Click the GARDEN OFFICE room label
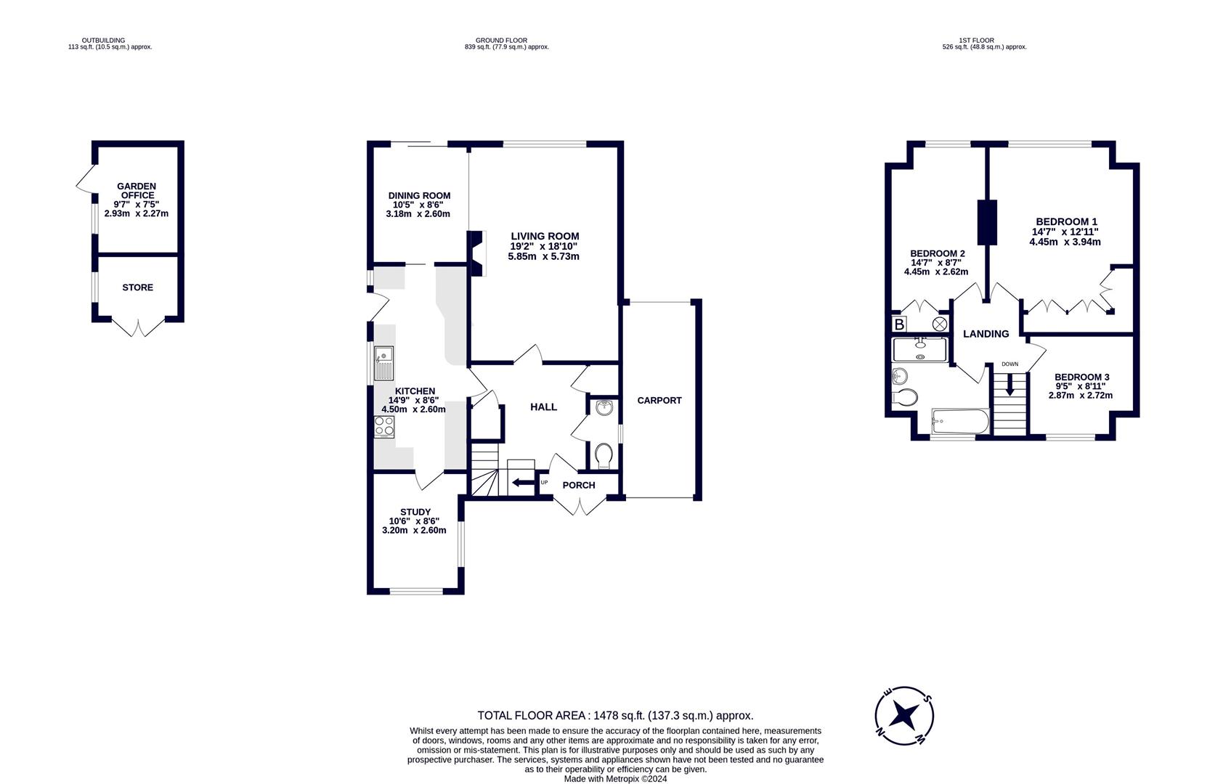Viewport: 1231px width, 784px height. [x=137, y=191]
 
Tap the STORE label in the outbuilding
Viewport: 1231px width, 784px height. [x=137, y=287]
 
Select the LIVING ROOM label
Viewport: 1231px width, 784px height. [x=545, y=236]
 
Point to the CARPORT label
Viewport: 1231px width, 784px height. [x=659, y=400]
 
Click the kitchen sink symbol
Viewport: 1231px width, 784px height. [x=383, y=364]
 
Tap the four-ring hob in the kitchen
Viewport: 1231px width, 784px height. [x=383, y=426]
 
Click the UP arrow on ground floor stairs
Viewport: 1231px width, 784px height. [x=521, y=483]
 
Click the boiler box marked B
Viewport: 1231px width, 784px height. [x=899, y=324]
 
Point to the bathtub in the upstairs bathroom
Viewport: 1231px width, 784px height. [x=959, y=420]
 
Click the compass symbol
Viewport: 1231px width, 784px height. [x=904, y=716]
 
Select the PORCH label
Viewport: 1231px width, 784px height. [x=579, y=485]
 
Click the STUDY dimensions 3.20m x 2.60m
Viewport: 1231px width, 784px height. [x=414, y=530]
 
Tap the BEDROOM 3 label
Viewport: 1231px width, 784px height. [x=1081, y=377]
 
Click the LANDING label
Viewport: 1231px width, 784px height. [x=986, y=334]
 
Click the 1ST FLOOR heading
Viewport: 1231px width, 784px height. [x=976, y=41]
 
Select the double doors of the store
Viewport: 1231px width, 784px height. [x=137, y=327]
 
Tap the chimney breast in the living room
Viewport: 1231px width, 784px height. [x=477, y=253]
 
